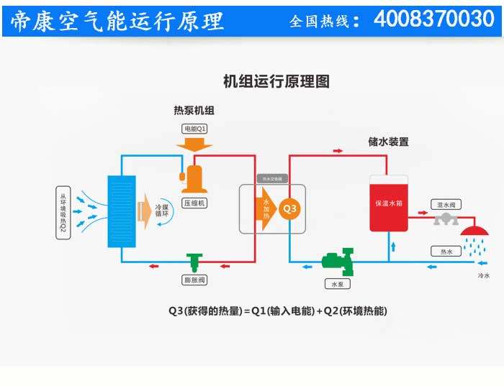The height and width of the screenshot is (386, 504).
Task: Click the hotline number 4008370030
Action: [x=433, y=19]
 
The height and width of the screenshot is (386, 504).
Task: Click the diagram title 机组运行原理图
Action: [x=276, y=81]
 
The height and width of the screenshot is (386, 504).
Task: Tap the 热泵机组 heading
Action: [x=194, y=111]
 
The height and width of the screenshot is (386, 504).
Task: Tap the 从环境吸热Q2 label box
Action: [x=63, y=213]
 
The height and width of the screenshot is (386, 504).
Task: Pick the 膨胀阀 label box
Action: [x=194, y=280]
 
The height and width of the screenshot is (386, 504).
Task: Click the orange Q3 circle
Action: [x=289, y=209]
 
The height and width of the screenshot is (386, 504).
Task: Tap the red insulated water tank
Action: [x=389, y=203]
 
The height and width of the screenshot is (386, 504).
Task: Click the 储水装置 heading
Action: [x=388, y=142]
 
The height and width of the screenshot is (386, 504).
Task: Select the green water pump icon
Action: [x=336, y=260]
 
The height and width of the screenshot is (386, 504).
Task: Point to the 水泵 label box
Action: [x=336, y=284]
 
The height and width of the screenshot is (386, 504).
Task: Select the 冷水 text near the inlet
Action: [x=483, y=276]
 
